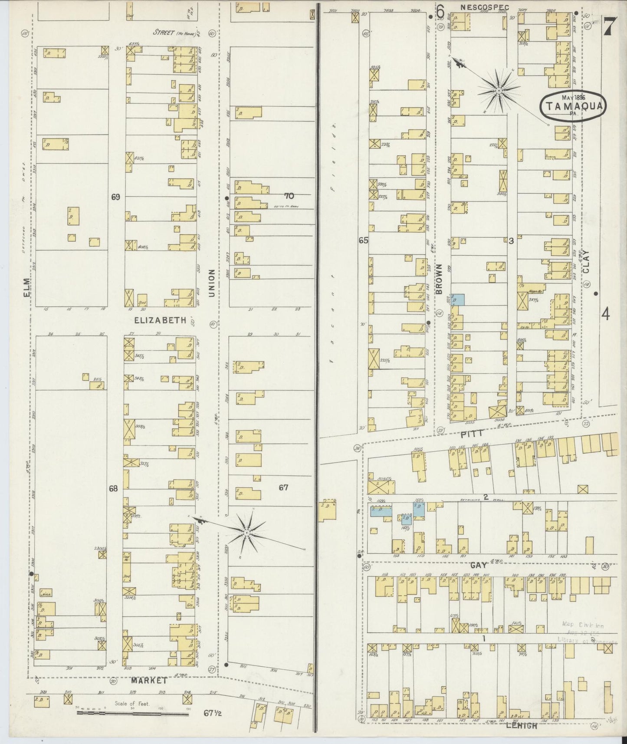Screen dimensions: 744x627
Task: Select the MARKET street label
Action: [149, 681]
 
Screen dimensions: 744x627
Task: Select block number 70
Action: [289, 196]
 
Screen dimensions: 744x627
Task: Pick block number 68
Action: [113, 489]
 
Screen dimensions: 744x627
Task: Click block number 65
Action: [363, 240]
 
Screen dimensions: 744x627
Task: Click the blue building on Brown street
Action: [459, 299]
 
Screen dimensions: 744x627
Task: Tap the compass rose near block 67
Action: [246, 532]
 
